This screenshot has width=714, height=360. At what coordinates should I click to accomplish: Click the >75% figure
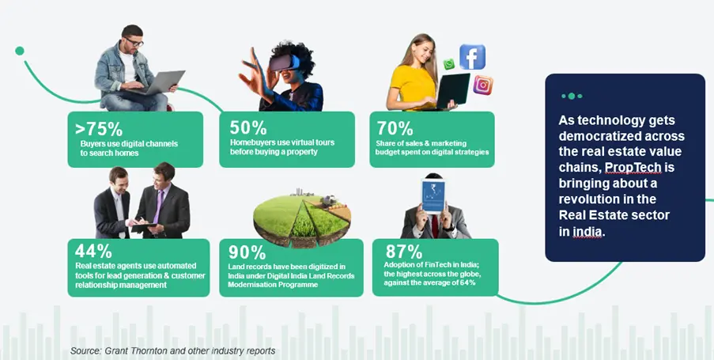(99, 129)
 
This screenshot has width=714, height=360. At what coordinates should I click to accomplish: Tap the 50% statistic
(248, 127)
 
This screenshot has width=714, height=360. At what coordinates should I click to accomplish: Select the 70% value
(395, 128)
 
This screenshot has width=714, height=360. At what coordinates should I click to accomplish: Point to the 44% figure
(93, 251)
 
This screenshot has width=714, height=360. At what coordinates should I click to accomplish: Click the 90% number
(247, 252)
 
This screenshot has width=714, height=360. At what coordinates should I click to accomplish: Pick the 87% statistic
(404, 252)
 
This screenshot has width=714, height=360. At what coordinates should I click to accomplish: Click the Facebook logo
(472, 56)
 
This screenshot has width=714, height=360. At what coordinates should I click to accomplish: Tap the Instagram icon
(482, 85)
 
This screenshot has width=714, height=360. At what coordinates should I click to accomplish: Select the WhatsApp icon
(449, 64)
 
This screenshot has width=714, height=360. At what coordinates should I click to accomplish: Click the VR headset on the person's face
(284, 63)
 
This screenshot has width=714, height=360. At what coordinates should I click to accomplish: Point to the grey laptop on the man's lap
(157, 82)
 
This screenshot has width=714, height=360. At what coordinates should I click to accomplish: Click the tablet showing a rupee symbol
(433, 196)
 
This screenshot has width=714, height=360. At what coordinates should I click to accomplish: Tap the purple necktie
(158, 208)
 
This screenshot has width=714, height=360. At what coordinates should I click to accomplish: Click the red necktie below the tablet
(435, 226)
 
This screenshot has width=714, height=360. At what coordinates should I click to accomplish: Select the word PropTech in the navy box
(633, 168)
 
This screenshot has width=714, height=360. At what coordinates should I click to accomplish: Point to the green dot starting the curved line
(20, 51)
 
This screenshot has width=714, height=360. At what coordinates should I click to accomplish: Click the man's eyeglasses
(134, 42)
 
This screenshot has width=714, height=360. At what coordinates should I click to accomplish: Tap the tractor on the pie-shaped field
(328, 200)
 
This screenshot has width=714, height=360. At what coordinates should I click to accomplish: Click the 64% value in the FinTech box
(467, 283)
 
